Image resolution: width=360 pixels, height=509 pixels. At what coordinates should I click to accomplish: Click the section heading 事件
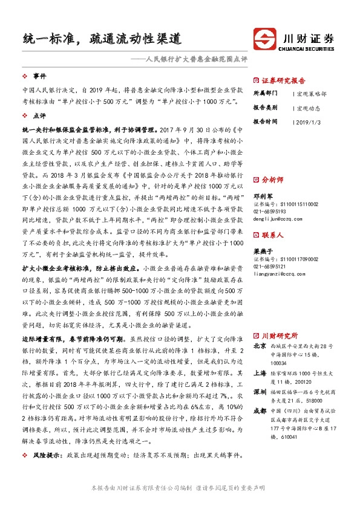point(40,76)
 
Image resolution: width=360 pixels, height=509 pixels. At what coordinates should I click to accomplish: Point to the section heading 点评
point(40,115)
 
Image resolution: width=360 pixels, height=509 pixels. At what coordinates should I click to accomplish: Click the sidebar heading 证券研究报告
point(284,80)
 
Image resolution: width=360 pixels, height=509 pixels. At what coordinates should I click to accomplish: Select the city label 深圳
point(260,374)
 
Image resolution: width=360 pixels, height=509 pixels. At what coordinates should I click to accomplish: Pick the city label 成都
point(260,395)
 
